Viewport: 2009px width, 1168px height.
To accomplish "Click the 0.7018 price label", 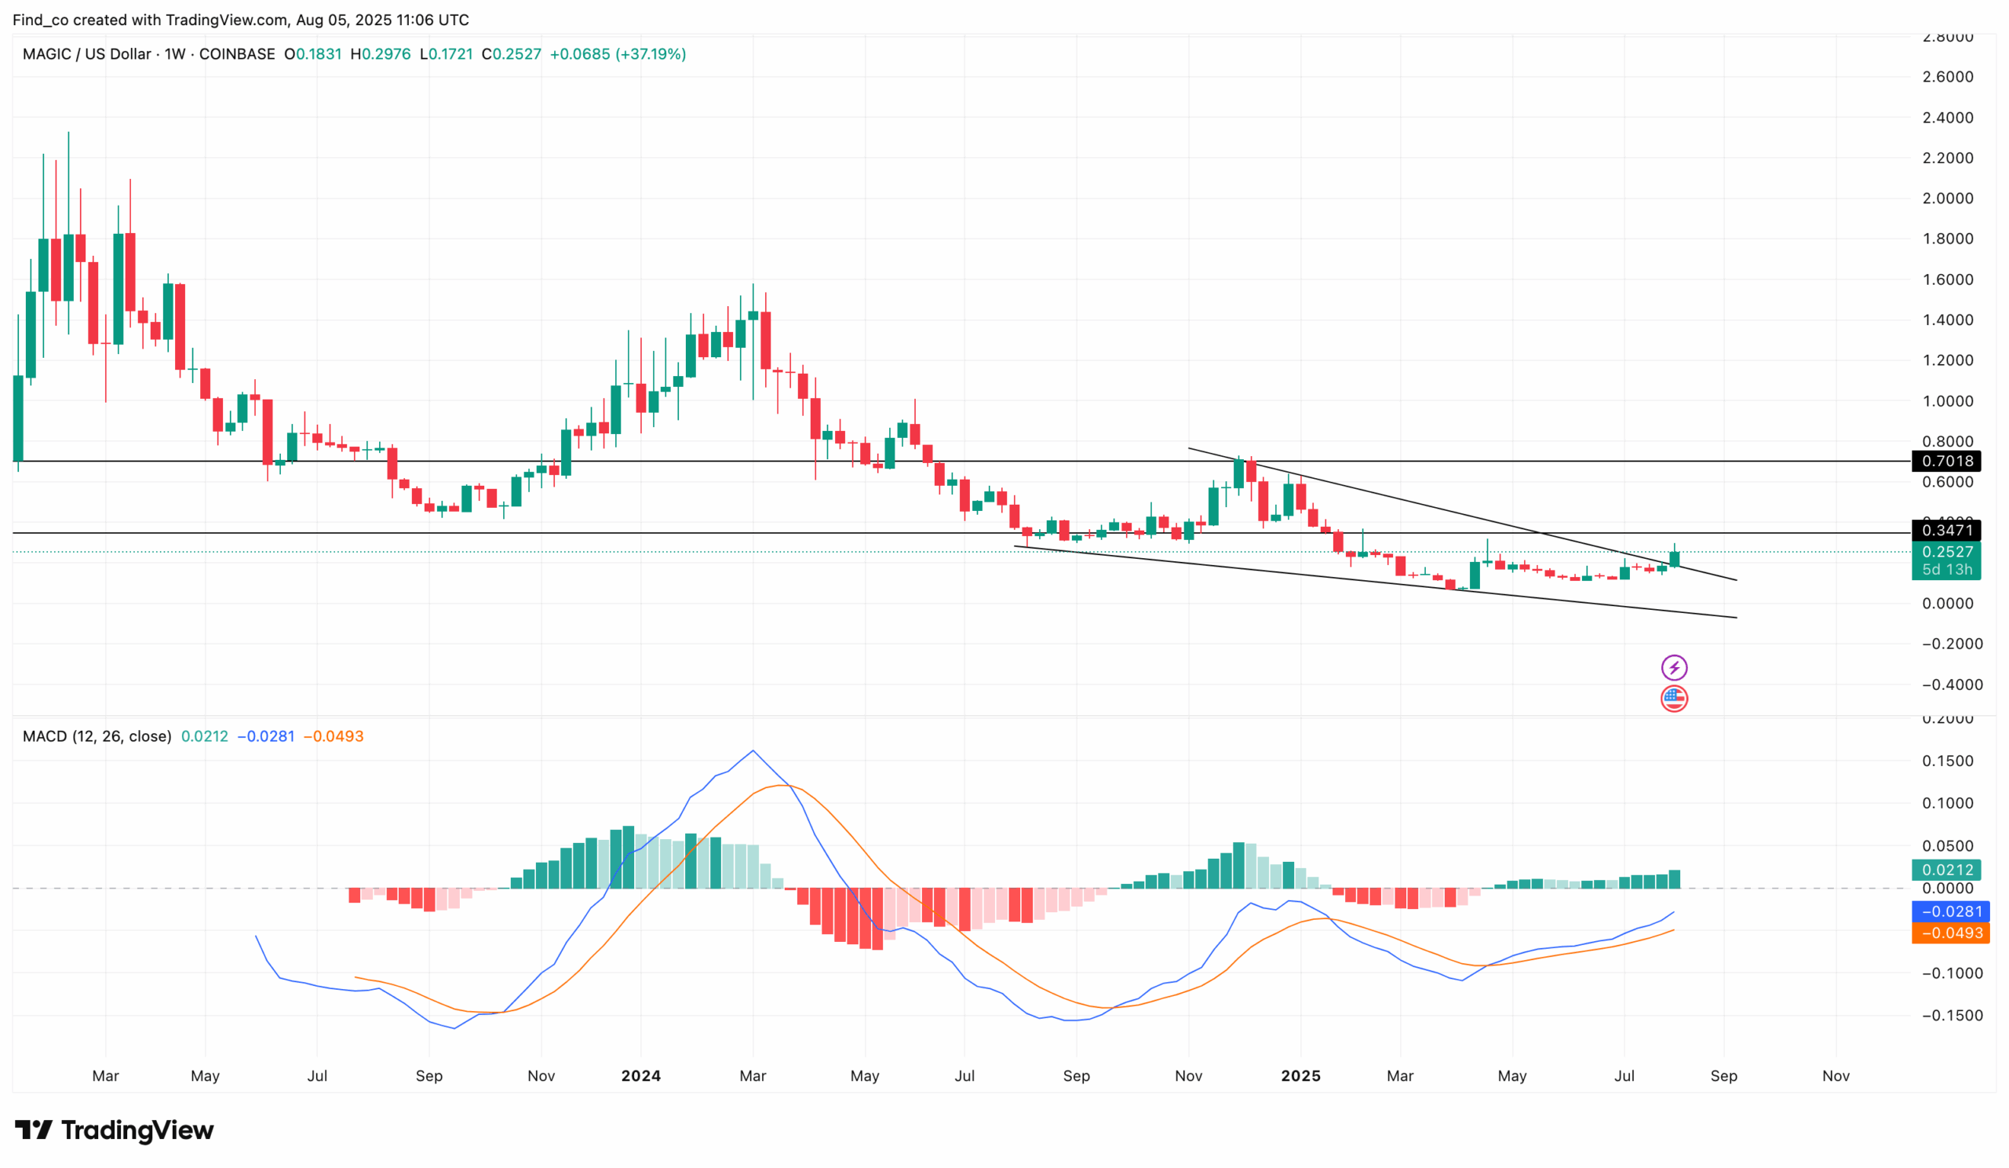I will pos(1946,461).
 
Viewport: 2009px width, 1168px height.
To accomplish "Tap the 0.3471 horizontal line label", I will pos(1946,530).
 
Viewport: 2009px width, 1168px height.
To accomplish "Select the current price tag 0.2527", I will pos(1946,552).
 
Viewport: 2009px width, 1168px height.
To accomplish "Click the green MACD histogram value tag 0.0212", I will pos(1946,870).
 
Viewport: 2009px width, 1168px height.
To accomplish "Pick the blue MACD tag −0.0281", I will pos(1950,911).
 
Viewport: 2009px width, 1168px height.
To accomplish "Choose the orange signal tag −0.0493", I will pos(1950,933).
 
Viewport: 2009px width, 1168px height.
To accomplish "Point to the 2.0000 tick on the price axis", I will pos(1948,199).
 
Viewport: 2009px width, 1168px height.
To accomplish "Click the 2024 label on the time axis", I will pos(641,1075).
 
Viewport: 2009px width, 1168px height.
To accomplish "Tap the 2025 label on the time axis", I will pos(1300,1075).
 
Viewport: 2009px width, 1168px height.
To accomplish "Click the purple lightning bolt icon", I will pos(1673,667).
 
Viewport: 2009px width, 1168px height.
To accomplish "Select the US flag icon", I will pos(1673,699).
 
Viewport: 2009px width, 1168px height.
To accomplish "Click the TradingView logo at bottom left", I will pos(114,1130).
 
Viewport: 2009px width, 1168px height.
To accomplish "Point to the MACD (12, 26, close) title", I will pos(97,735).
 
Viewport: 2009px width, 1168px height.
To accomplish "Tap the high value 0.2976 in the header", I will pos(387,54).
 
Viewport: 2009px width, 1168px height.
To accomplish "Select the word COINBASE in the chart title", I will pos(237,54).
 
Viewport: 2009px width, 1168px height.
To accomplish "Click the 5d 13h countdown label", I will pos(1946,569).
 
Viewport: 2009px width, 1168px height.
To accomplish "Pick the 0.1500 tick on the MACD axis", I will pos(1948,761).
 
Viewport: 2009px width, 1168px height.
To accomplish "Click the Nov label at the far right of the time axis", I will pos(1836,1075).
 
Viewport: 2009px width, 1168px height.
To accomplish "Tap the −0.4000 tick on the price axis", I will pos(1951,684).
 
